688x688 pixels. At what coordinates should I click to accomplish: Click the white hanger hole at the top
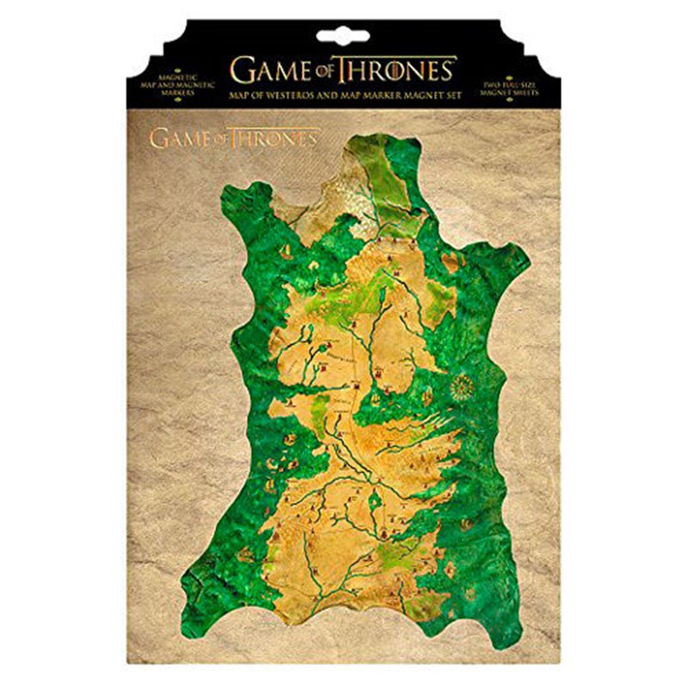(x=343, y=36)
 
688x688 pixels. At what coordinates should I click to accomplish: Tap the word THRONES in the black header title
(x=396, y=68)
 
